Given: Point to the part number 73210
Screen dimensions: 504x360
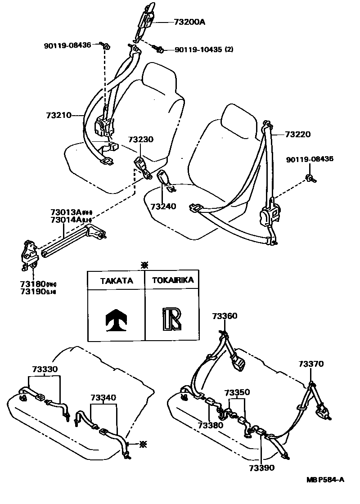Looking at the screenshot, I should pyautogui.click(x=59, y=115).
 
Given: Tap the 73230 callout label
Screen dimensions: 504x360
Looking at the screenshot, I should pyautogui.click(x=140, y=140).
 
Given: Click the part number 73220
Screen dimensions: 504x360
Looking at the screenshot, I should pyautogui.click(x=297, y=134).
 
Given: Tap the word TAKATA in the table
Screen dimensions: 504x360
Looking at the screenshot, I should pyautogui.click(x=116, y=280).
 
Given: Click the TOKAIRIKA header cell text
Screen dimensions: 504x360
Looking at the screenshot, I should pyautogui.click(x=173, y=280).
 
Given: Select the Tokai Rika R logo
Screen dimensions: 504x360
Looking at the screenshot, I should pyautogui.click(x=172, y=319).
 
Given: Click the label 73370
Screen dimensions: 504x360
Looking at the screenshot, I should pyautogui.click(x=310, y=364).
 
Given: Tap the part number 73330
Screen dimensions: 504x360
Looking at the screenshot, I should pyautogui.click(x=45, y=369).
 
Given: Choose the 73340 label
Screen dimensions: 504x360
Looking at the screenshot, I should pyautogui.click(x=103, y=397).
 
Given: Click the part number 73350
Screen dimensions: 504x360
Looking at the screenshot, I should pyautogui.click(x=237, y=392).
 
